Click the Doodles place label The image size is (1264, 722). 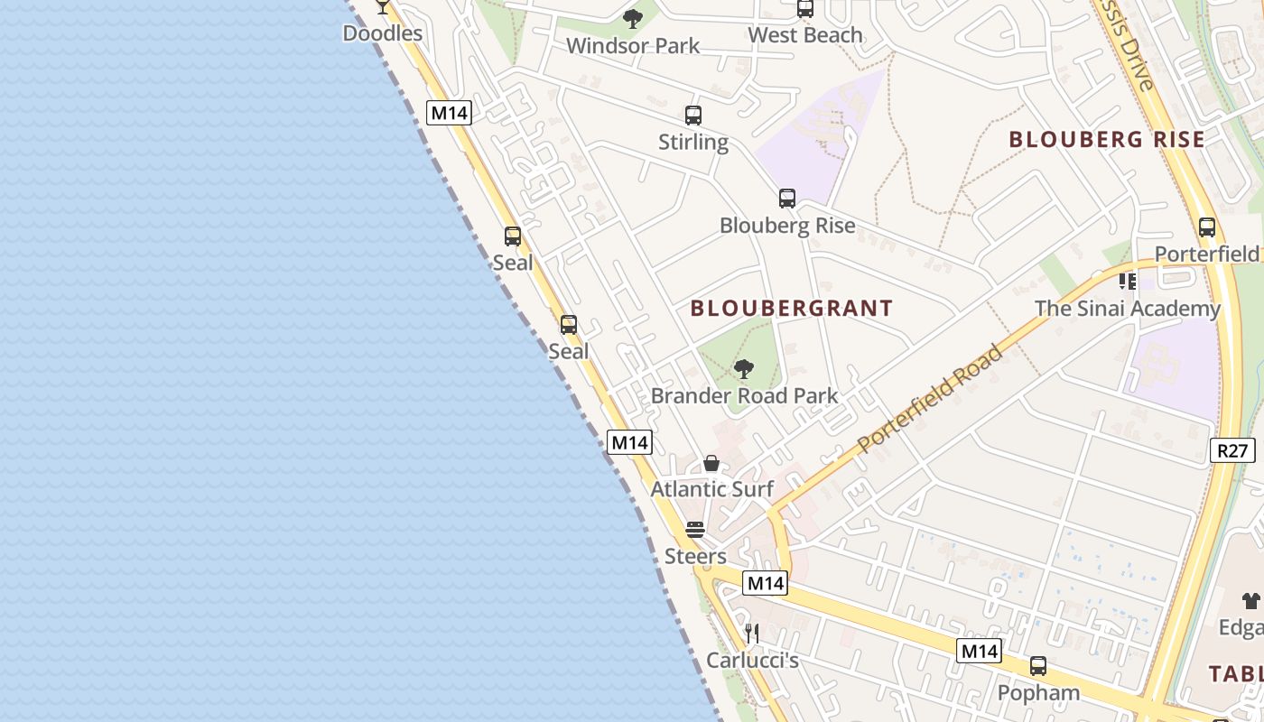coord(383,33)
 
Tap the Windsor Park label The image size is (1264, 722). coord(633,45)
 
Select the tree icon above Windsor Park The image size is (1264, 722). coord(633,18)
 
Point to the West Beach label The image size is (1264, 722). coord(805,35)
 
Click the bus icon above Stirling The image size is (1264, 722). coord(693,116)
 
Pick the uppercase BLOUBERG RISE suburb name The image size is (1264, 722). coord(1107,139)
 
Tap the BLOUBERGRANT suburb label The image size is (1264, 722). coord(792,308)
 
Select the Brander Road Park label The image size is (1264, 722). coord(744,395)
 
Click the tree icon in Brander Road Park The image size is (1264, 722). coord(744,368)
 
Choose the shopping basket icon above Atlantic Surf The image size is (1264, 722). coord(711,464)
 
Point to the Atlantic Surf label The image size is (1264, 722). coord(712,489)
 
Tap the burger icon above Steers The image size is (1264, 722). coord(694,530)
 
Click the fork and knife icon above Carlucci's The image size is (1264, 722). coord(752,634)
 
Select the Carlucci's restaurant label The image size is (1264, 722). coord(752,661)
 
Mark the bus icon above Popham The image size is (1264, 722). coord(1038,666)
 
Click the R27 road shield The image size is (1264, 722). coord(1232,449)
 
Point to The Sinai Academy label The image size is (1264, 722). coord(1127,309)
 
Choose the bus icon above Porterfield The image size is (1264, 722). coord(1207,227)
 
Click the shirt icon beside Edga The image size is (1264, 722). coord(1251,600)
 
